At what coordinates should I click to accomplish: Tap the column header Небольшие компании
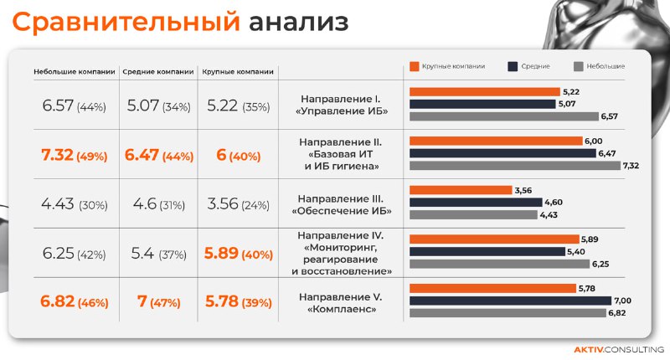(x=75, y=72)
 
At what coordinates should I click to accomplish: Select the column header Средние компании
(x=158, y=72)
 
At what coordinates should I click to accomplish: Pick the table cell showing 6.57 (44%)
(x=75, y=106)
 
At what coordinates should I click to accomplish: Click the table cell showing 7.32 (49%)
(x=75, y=156)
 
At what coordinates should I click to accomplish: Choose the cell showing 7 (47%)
(x=158, y=301)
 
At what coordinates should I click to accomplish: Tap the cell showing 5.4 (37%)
(x=158, y=254)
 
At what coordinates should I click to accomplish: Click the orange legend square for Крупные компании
(x=414, y=66)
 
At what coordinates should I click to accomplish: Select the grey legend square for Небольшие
(x=578, y=66)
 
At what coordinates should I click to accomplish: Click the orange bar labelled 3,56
(x=460, y=190)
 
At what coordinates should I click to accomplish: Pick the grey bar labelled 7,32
(x=514, y=166)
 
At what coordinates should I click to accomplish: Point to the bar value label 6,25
(x=600, y=264)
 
